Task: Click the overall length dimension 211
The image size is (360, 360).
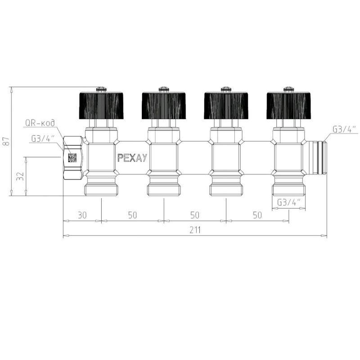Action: [195, 230]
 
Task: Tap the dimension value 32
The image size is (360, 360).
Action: [20, 176]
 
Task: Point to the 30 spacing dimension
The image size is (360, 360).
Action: [82, 215]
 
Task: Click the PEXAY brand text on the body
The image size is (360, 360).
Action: [132, 158]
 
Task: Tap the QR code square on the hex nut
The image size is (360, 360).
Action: [72, 158]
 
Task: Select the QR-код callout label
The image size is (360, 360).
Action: [40, 123]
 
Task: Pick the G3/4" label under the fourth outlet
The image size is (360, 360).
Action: [289, 202]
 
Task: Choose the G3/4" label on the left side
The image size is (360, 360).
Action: [43, 139]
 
